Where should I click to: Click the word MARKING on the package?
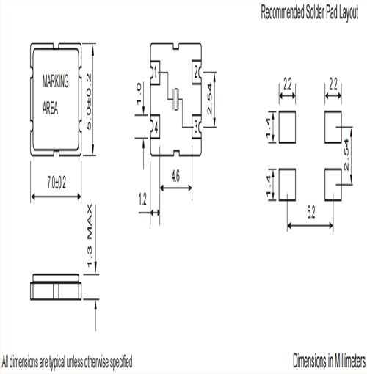tap(56, 81)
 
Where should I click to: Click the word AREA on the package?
tap(50, 108)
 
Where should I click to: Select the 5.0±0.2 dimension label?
tap(89, 102)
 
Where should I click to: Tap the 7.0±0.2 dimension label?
tap(57, 183)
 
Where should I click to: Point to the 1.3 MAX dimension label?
tap(90, 235)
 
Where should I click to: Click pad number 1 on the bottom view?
tap(156, 72)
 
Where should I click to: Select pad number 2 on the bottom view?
tap(196, 72)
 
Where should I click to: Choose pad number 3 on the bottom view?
tap(196, 127)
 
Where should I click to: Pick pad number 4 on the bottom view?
tap(156, 128)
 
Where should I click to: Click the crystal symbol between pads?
tap(175, 99)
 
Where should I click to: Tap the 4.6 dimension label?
tap(175, 176)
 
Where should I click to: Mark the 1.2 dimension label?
tap(142, 199)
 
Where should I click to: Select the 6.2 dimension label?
tap(310, 213)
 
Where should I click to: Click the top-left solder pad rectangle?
tap(287, 127)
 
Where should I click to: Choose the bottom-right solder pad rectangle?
tap(333, 185)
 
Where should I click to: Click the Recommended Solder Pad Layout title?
tap(310, 12)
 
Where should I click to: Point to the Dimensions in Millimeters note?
tap(330, 361)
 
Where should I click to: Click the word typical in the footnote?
tap(58, 362)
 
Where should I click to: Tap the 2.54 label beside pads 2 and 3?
tap(209, 99)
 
